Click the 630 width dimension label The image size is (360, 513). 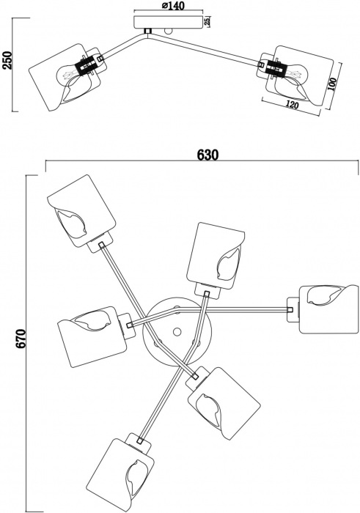point(207,155)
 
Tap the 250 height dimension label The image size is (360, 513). point(8,59)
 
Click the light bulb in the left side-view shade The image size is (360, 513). point(68,74)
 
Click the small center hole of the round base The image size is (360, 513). point(176,332)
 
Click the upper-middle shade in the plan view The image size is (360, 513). point(214,253)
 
